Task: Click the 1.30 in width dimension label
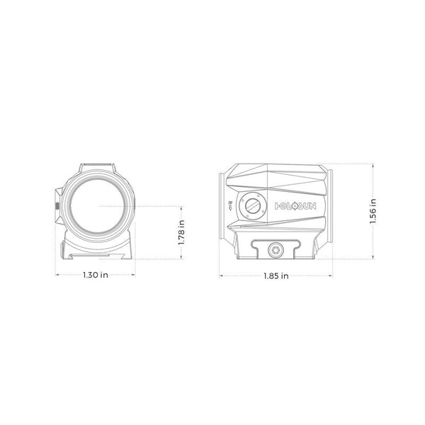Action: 96,275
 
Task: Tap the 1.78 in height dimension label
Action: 181,232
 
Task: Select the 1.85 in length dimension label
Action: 276,276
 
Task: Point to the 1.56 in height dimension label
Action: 373,211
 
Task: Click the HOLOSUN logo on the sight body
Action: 295,206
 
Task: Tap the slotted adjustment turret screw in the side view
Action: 253,205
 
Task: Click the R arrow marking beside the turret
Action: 230,206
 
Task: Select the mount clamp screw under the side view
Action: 276,249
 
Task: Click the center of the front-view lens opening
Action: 97,206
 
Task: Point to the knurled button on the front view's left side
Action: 57,206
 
